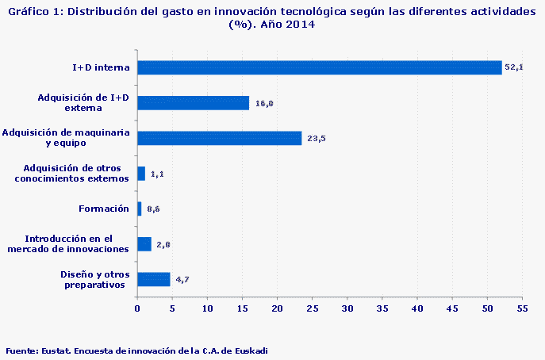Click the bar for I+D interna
click(319, 67)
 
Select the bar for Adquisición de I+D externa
click(193, 103)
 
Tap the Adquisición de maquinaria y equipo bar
click(219, 138)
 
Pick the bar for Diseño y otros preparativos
click(153, 279)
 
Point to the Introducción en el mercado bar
click(144, 244)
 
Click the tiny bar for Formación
click(140, 209)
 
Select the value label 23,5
click(317, 139)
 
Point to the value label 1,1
click(157, 174)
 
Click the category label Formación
click(104, 209)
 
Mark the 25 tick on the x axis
click(312, 308)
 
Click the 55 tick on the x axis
click(522, 308)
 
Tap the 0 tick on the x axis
click(137, 308)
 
